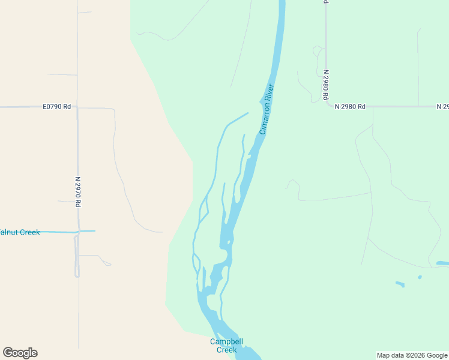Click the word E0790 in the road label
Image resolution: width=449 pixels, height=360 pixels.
[x=53, y=107]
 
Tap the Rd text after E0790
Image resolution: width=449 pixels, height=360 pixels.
[x=67, y=107]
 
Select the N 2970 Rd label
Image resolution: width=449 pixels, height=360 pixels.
[x=78, y=191]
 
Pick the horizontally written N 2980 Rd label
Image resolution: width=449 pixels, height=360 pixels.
[x=350, y=107]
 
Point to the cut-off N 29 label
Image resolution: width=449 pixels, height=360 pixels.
[x=442, y=107]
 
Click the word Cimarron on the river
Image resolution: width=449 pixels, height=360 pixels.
[x=265, y=118]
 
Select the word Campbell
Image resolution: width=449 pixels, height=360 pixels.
[x=226, y=342]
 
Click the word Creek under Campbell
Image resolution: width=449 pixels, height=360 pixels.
[x=226, y=350]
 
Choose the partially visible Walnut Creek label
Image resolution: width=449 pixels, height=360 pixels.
[x=20, y=232]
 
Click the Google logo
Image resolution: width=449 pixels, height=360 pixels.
[x=20, y=353]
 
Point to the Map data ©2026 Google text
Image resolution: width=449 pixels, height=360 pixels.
[x=412, y=355]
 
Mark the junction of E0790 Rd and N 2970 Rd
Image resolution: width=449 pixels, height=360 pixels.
[x=77, y=108]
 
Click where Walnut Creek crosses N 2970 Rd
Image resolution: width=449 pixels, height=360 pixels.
[x=77, y=232]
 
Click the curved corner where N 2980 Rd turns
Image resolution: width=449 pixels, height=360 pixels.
[x=329, y=104]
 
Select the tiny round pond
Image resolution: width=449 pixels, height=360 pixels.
[x=420, y=277]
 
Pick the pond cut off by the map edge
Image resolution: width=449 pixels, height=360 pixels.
[x=442, y=263]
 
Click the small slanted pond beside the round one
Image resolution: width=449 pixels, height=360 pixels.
[x=400, y=283]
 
